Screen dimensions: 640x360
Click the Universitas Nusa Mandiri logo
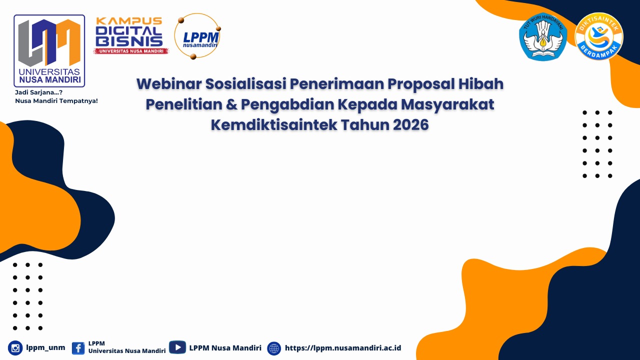tap(49, 51)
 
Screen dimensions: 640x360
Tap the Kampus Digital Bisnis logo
tap(131, 35)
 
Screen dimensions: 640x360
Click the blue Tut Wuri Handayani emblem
tap(543, 36)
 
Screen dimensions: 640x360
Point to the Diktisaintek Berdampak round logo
tap(599, 36)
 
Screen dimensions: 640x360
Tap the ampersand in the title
tap(231, 104)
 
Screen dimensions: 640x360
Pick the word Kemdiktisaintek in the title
tap(274, 125)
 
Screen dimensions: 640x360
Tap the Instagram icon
tap(15, 348)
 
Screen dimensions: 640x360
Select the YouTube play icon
tap(177, 347)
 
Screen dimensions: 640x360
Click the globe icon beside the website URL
tap(274, 348)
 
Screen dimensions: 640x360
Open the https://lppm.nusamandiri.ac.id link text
tap(343, 348)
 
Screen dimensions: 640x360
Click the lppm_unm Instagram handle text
tap(45, 347)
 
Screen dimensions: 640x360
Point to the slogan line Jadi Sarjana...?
tap(38, 92)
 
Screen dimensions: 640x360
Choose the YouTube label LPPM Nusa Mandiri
tap(225, 347)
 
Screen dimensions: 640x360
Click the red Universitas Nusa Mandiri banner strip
tap(131, 51)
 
